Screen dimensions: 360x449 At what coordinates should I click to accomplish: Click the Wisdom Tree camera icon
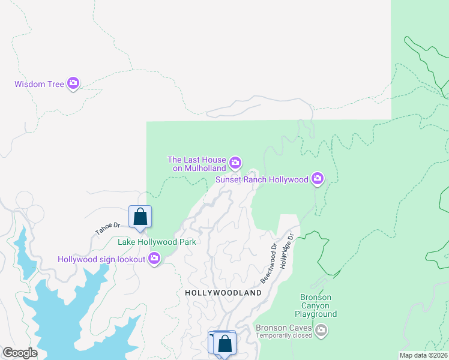73,83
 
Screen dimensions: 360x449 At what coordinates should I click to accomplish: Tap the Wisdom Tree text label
39,84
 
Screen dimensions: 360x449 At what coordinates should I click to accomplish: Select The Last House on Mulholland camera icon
235,162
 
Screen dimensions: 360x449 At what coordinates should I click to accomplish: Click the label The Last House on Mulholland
197,164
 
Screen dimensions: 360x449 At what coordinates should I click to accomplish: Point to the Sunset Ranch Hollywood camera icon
318,178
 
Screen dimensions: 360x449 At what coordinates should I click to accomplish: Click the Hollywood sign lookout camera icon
155,259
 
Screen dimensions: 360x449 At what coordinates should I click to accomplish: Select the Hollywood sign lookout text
101,259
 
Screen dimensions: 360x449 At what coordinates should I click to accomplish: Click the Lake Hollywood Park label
157,242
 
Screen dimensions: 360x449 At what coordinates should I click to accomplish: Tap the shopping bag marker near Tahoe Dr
140,217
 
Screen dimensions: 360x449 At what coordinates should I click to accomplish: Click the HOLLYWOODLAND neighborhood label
223,293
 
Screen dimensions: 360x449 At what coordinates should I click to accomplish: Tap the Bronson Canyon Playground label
316,305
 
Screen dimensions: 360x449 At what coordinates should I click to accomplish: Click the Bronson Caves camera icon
322,329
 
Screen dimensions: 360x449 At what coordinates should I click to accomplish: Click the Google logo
20,353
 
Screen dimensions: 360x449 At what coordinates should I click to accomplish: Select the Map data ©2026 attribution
423,355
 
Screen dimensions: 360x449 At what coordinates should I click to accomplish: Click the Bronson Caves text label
283,328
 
